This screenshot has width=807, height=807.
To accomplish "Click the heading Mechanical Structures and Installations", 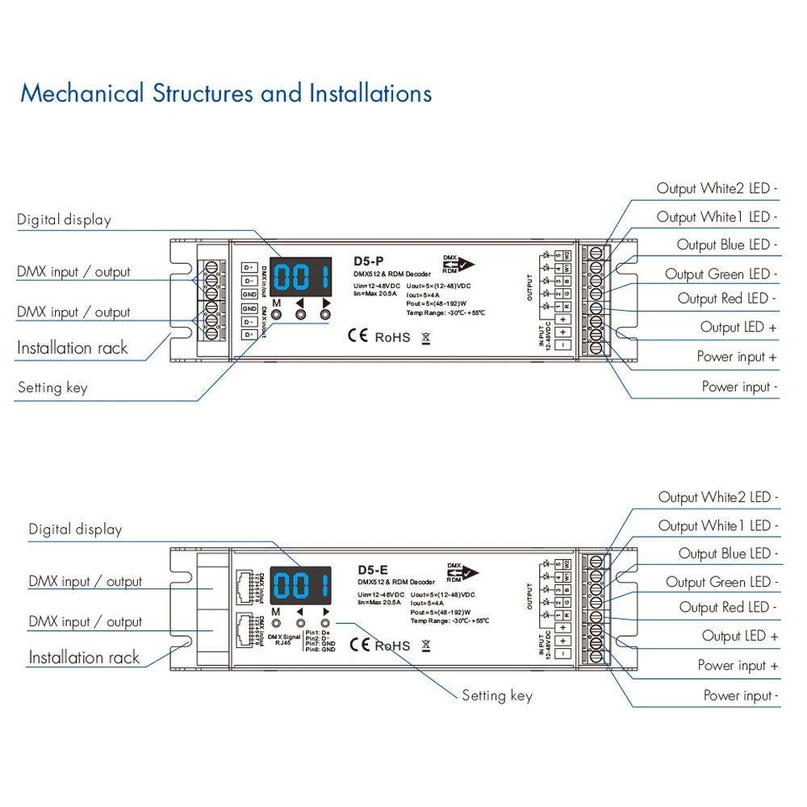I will click(226, 94).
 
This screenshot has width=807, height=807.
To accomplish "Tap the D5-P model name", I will click(369, 261).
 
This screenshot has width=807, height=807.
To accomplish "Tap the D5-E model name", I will click(373, 568).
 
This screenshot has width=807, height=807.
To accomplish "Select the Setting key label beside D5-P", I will click(52, 388).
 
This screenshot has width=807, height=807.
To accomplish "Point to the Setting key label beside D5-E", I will click(497, 696).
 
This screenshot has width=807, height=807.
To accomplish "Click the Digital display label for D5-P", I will click(64, 220).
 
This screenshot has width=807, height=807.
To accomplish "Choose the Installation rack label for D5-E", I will click(84, 658).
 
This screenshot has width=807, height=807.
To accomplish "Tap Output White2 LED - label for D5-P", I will click(717, 189).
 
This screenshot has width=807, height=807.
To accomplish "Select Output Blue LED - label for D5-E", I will click(728, 554).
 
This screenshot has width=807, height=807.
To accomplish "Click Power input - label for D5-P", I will click(739, 387).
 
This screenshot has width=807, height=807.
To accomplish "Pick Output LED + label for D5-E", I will click(739, 637).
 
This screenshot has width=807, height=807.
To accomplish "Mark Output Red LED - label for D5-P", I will click(727, 299).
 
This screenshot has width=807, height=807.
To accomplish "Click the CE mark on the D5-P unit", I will click(358, 336).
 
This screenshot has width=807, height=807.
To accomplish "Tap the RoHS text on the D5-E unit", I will click(392, 646).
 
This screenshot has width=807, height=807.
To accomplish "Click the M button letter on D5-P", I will click(276, 303).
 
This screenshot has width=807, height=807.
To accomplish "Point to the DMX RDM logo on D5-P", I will click(458, 264).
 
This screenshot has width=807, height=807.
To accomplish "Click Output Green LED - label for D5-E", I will click(721, 582).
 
